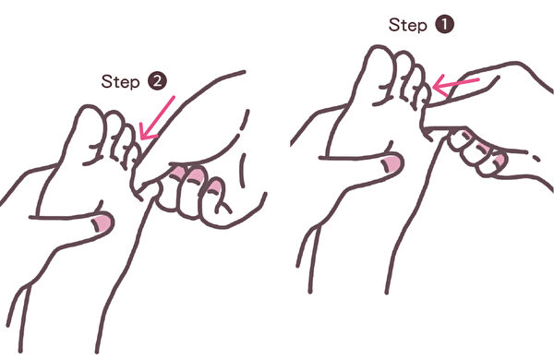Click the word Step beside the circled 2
120,82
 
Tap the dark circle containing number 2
157,81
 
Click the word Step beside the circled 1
408,26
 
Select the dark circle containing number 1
444,25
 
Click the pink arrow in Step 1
455,85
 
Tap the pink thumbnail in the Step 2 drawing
102,223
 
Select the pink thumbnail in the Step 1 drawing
391,164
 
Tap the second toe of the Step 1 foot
403,74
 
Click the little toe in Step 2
137,154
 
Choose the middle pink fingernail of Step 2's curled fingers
196,176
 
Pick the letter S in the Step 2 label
106,81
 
